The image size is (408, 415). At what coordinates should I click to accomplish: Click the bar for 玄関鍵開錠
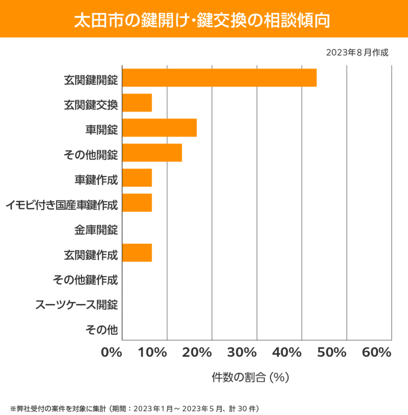click(x=219, y=78)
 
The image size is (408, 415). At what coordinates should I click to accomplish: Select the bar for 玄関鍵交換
click(x=137, y=103)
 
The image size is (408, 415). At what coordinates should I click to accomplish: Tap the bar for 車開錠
click(x=159, y=128)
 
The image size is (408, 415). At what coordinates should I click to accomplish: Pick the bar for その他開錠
click(x=152, y=153)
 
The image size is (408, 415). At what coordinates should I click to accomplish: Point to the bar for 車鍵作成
click(x=137, y=178)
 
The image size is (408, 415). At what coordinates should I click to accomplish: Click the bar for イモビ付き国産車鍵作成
click(x=137, y=203)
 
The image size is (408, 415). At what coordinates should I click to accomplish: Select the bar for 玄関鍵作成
click(x=137, y=253)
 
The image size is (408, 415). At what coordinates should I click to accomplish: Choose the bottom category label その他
click(x=102, y=329)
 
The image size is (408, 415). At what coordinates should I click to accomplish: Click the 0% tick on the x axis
click(x=111, y=353)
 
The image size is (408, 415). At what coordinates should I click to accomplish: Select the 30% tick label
click(x=242, y=353)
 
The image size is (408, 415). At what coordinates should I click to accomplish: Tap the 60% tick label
click(x=376, y=353)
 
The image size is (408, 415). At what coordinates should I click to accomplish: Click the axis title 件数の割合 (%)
click(x=250, y=377)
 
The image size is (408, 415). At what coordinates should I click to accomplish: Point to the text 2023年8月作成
click(x=357, y=53)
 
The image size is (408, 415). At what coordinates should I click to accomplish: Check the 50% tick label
click(x=332, y=353)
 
